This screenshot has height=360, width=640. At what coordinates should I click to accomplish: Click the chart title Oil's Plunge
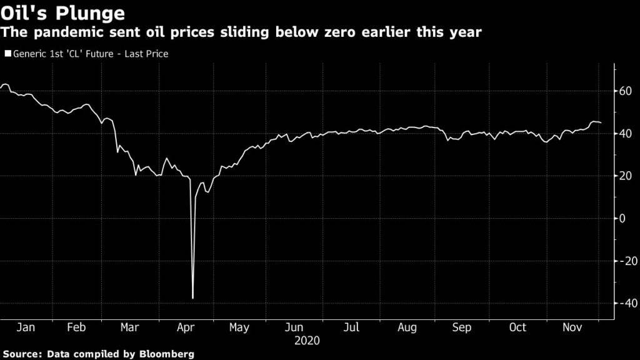point(62,12)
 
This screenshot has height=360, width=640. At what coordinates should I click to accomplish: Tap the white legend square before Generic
point(7,54)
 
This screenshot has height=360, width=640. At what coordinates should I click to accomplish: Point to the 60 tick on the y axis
point(625,91)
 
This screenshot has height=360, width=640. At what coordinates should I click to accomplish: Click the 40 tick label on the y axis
point(625,134)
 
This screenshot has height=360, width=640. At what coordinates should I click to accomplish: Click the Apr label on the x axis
point(185,327)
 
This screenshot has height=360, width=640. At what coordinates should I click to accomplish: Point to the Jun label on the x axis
point(294,327)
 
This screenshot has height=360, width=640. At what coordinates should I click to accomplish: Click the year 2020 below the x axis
point(306,341)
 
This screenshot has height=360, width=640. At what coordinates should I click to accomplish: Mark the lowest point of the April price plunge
point(192,299)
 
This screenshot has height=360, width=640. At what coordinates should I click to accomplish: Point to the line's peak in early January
point(5,84)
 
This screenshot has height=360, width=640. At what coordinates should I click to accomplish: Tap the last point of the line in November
point(601,123)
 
